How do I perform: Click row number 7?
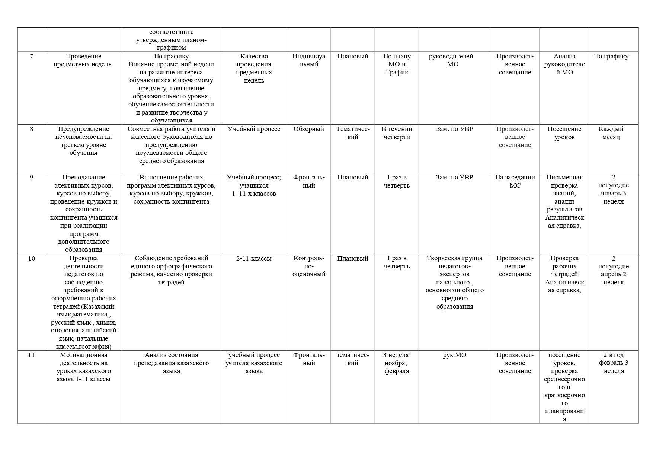(31, 57)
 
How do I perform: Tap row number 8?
(31, 129)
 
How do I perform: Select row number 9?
(31, 178)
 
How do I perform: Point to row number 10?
(31, 258)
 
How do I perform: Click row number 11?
(31, 355)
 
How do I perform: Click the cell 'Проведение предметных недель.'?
(83, 60)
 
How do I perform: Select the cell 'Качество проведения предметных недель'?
(254, 68)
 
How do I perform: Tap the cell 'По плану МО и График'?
(397, 64)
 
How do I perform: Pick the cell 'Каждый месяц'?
(611, 133)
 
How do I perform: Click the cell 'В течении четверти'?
(397, 133)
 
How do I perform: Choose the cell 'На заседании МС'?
(515, 181)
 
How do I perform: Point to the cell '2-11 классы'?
(254, 258)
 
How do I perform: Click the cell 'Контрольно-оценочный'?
(309, 266)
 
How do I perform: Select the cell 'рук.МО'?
(454, 355)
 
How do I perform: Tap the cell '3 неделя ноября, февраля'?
(397, 363)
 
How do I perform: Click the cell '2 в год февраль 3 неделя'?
(613, 363)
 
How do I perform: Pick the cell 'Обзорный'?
(309, 129)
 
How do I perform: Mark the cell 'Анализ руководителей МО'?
(564, 64)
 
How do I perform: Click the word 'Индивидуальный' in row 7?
(309, 60)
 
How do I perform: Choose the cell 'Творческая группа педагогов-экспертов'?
(454, 282)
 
